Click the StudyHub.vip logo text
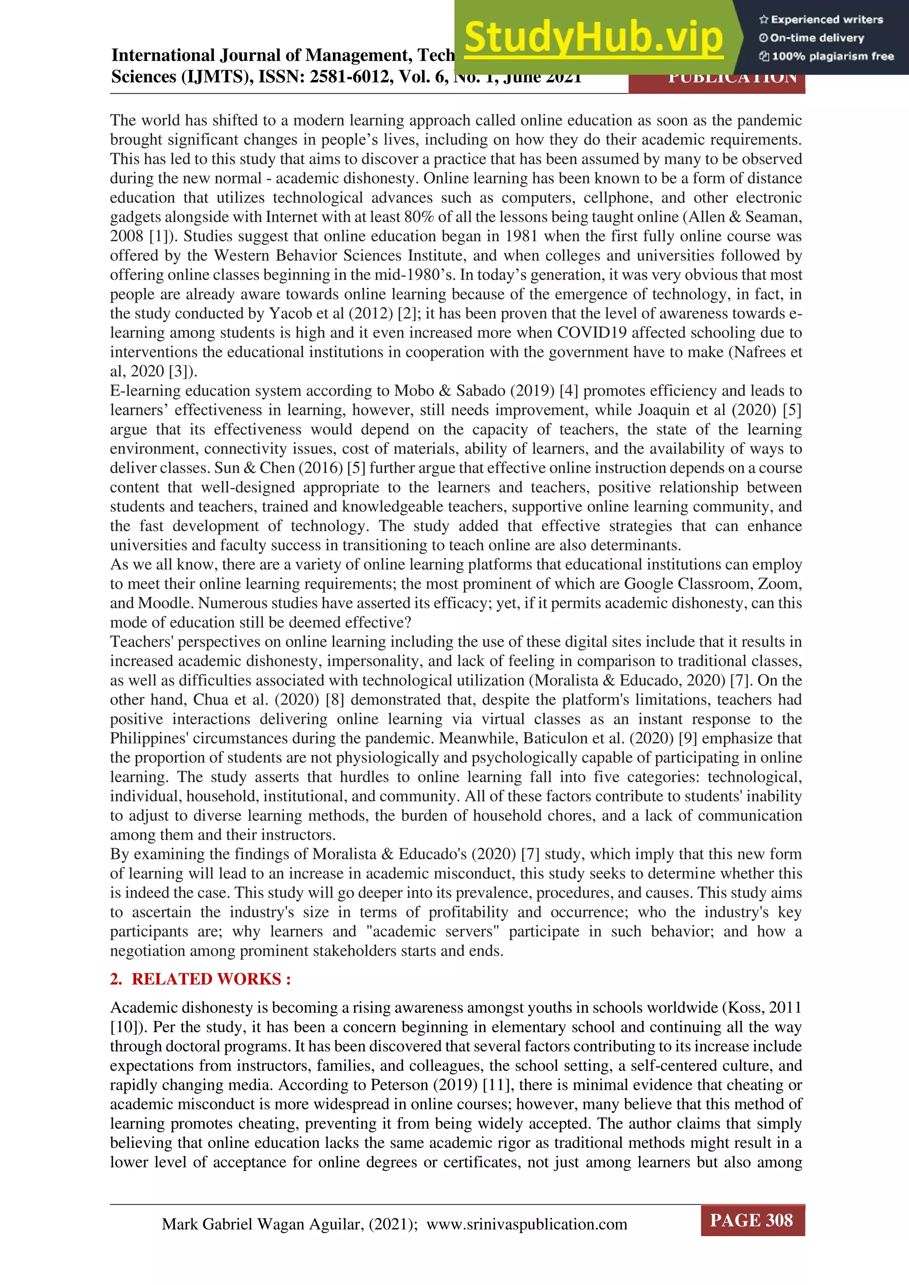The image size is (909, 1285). point(593,38)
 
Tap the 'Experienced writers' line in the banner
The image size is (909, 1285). point(821,20)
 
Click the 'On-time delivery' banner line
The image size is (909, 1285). point(812,38)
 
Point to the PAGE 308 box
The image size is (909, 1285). point(752,1220)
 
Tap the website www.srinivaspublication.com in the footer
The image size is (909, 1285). point(527,1224)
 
